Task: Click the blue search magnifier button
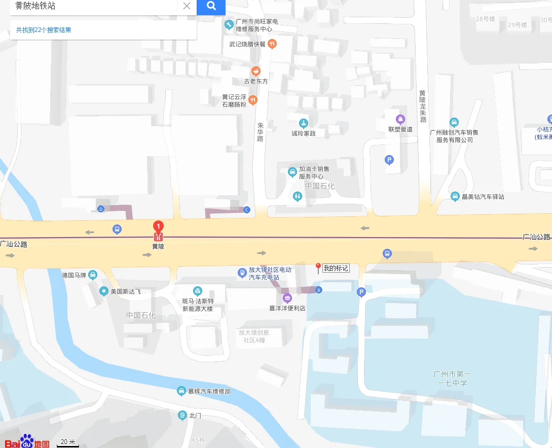tap(211, 6)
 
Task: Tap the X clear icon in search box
tap(187, 6)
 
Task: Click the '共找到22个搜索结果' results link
tap(44, 30)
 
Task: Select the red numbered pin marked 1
tap(158, 226)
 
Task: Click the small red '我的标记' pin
tap(318, 267)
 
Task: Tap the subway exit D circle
tap(101, 209)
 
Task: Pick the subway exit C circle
tap(247, 210)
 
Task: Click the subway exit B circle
tap(318, 290)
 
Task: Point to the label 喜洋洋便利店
tap(287, 308)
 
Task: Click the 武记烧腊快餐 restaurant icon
tap(272, 44)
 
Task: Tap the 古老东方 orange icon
tap(256, 71)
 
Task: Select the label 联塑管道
tap(400, 129)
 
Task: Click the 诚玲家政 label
tap(303, 133)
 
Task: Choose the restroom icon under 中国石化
tap(298, 197)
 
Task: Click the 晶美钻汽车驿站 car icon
tap(455, 197)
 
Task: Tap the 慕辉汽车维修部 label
tap(209, 391)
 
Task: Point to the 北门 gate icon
tap(182, 416)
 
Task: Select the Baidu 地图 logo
tap(27, 441)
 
